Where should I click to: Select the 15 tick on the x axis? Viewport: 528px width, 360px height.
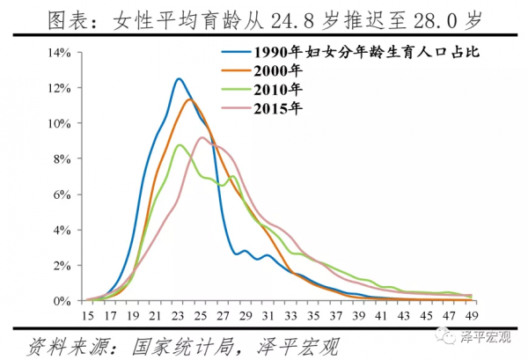point(87,315)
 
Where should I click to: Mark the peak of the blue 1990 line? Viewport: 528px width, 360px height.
point(179,78)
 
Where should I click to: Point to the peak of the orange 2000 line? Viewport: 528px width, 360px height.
point(189,99)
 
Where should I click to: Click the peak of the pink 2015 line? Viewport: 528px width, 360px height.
point(202,137)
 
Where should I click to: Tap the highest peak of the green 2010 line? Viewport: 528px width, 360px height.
point(179,145)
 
